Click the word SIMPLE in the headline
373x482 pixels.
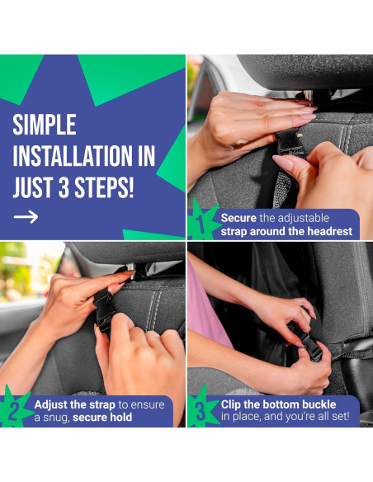[x=45, y=125]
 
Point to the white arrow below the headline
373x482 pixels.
[x=26, y=217]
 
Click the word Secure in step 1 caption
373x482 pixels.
[x=238, y=218]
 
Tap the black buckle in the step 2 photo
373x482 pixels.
[x=103, y=311]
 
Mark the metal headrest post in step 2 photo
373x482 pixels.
[x=131, y=271]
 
